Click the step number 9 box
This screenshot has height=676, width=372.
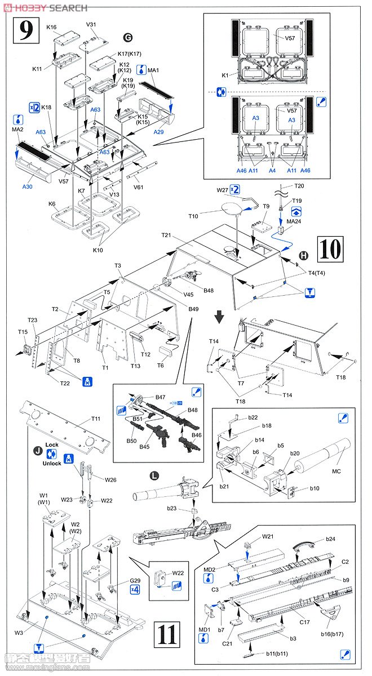point(26,30)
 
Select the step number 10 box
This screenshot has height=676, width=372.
point(330,248)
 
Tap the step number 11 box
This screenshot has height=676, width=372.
point(167,634)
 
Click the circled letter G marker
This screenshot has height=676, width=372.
point(128,37)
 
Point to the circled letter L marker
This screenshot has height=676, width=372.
point(154,475)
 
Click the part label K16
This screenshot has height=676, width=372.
point(52,27)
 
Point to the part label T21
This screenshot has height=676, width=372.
point(166,235)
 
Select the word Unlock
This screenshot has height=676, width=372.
point(51,464)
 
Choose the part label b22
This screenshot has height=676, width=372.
point(253,417)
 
